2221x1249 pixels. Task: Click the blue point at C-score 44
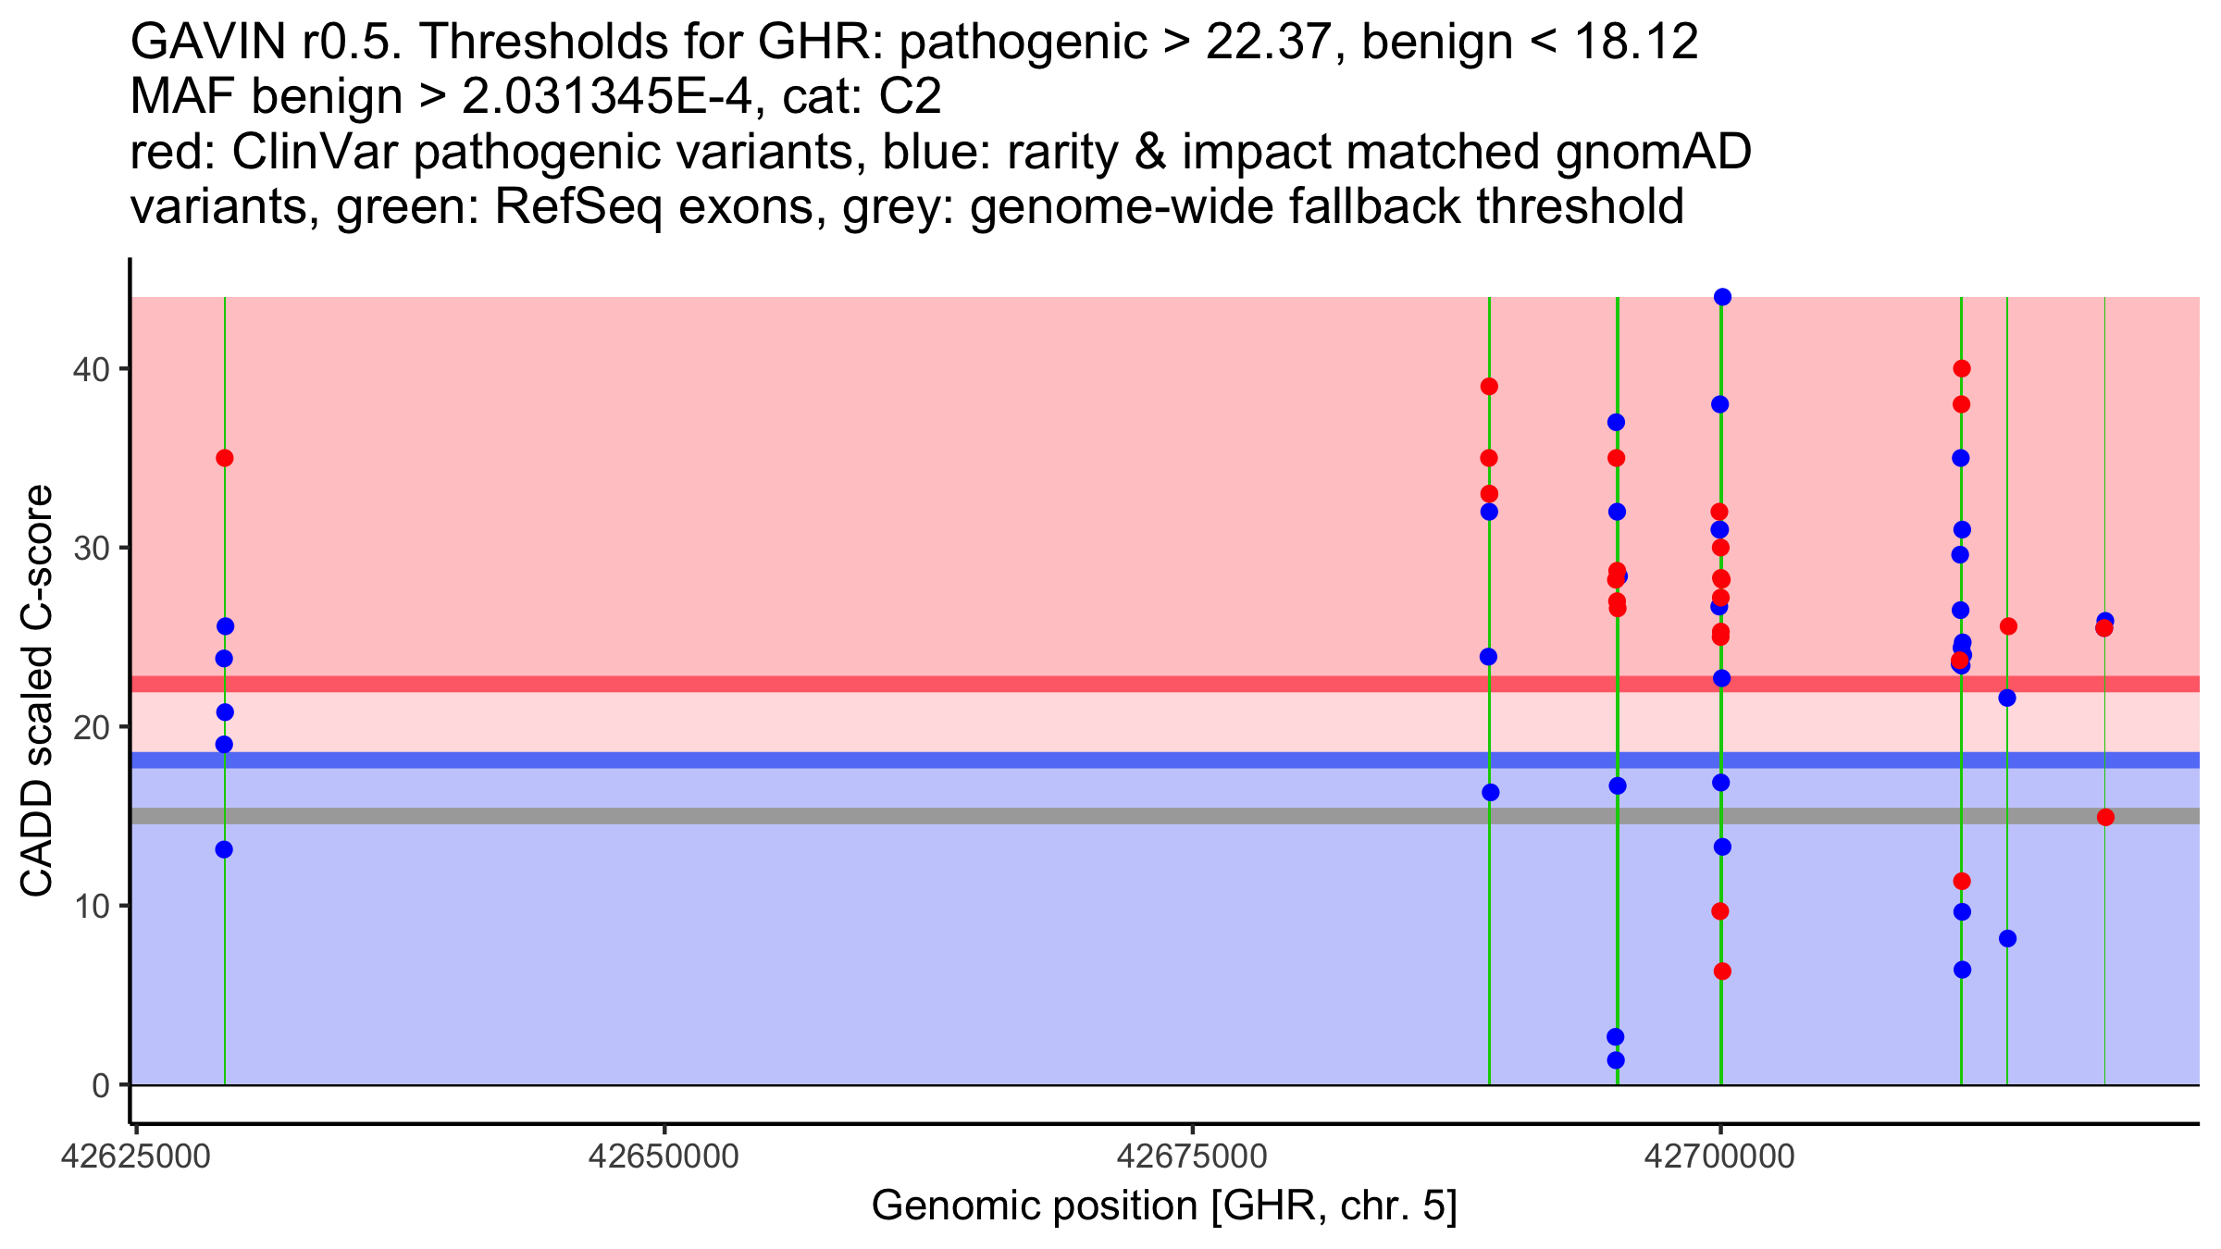[1722, 297]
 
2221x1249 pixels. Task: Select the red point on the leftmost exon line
[224, 458]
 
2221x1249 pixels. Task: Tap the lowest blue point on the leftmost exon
[224, 849]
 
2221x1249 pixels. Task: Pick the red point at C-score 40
[1961, 368]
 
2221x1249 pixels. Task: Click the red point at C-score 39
[1489, 387]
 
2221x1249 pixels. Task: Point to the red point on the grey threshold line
[2105, 817]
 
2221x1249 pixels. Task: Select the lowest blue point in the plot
[1616, 1060]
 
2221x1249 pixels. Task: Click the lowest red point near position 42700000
[1722, 971]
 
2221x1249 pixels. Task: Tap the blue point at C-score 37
[1616, 422]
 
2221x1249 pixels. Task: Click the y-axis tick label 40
[91, 369]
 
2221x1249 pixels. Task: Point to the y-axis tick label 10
[91, 906]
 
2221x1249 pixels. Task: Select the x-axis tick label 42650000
[664, 1156]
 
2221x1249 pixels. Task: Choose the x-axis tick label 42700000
[1719, 1156]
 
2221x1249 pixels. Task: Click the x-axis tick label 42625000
[136, 1156]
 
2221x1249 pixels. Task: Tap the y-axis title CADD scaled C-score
[37, 691]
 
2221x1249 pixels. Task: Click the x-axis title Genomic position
[1163, 1206]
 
